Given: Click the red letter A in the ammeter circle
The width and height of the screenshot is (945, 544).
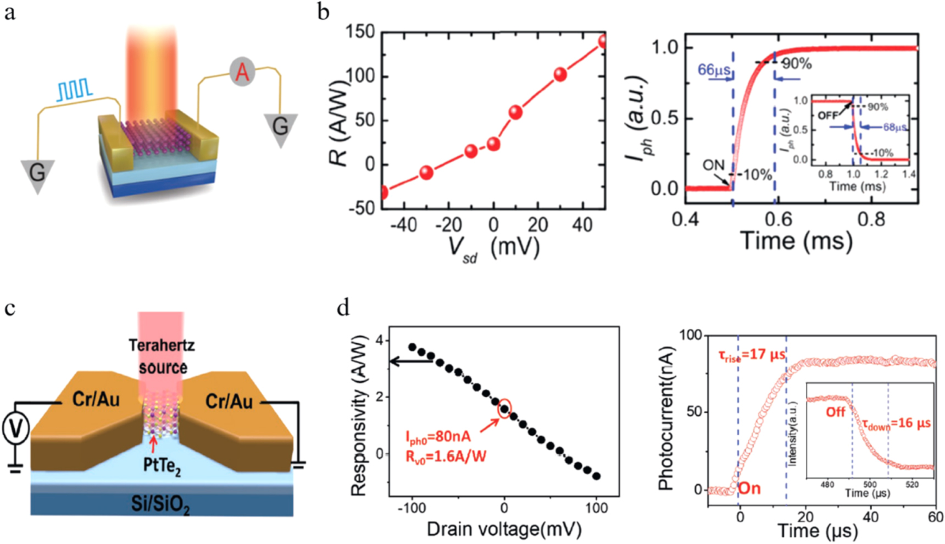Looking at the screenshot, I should coord(243,72).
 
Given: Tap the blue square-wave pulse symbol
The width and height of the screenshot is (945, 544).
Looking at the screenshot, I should coord(75,89).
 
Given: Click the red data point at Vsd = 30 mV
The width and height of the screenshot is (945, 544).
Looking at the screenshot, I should coord(560,74).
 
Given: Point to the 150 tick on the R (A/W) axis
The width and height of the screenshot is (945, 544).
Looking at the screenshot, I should coord(360,32).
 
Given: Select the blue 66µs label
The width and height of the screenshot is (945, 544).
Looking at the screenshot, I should coord(714,70).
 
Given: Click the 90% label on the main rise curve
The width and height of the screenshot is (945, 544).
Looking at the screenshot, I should coord(797,64).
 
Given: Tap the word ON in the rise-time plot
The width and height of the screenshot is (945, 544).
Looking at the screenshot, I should coord(714,165).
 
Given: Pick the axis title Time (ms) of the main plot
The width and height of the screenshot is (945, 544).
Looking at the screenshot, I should coord(796,241).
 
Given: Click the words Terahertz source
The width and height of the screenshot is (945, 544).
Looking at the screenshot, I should coord(162,356).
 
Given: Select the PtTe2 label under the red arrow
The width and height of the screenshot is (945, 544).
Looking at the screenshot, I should coord(162,465).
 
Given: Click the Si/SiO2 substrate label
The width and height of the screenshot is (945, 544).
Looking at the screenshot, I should coord(160,503).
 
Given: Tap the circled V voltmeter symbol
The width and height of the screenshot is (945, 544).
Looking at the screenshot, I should coord(15,428).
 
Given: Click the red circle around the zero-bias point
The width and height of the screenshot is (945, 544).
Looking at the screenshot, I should coord(504,408).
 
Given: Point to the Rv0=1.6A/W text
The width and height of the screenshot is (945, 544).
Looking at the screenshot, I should coord(446,457).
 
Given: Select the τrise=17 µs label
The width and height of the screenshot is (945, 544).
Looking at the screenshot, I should coord(752,356).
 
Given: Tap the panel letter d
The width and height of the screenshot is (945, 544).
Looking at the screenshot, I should coord(343,307).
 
